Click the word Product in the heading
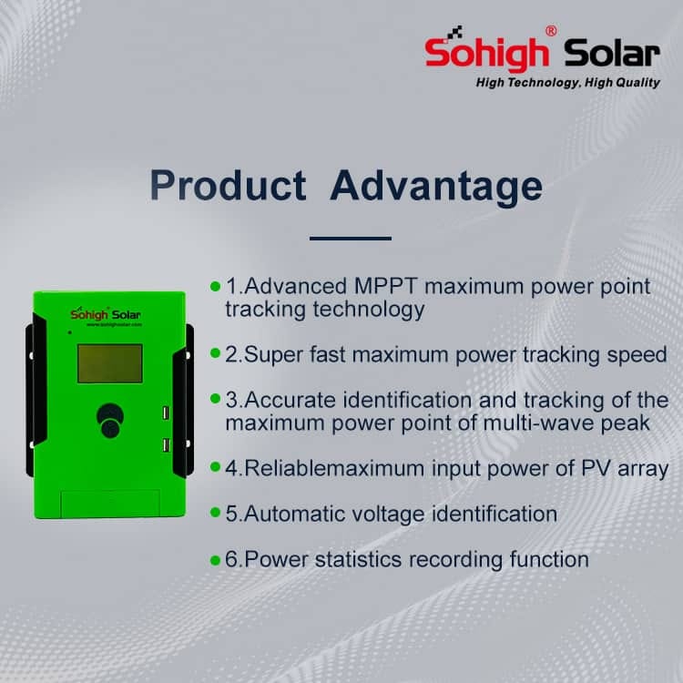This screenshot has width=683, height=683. point(228,186)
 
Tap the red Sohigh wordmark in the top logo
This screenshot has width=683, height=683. point(486,53)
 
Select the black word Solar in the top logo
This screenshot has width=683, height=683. point(612,53)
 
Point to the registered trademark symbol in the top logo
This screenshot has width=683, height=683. point(551,31)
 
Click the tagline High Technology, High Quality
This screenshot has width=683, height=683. point(568,83)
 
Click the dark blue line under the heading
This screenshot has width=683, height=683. point(351,239)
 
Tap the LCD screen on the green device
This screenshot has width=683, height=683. point(110,363)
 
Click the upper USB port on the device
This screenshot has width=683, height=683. point(166,413)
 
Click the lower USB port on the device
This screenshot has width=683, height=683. point(166,445)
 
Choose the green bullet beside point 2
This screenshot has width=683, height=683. point(215,352)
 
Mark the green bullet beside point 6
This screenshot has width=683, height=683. point(215,560)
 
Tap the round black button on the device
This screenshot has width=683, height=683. point(110,420)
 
